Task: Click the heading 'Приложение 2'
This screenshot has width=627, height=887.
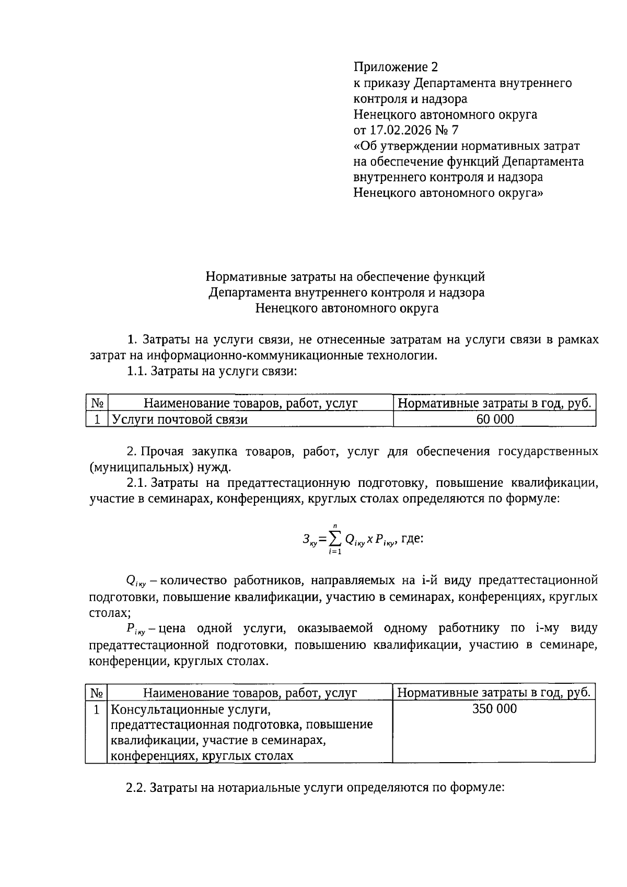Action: tap(396, 67)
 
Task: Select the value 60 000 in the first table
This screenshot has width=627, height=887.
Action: tap(494, 419)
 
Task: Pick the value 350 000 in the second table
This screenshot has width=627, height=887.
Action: tap(494, 709)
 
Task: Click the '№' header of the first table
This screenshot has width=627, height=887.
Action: tap(97, 403)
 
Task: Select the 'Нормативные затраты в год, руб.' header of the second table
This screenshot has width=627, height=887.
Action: tap(494, 693)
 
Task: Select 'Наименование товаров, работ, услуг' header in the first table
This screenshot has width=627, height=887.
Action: tap(250, 403)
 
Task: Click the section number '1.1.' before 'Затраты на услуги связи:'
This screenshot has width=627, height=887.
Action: tap(137, 371)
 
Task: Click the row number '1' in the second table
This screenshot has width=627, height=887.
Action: tap(97, 709)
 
